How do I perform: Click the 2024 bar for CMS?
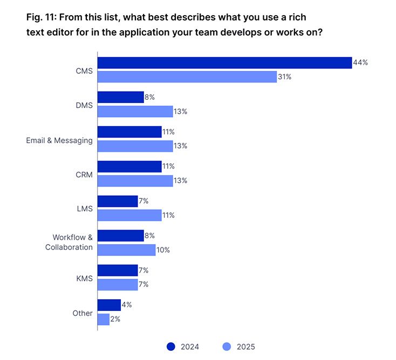point(224,63)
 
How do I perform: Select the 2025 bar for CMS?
point(187,77)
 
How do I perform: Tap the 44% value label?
point(360,63)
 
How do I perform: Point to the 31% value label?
point(284,77)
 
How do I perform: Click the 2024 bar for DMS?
point(120,97)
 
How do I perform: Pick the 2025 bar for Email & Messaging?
point(135,146)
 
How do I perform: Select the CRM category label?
point(84,175)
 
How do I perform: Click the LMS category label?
point(85,209)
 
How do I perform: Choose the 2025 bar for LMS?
point(129,215)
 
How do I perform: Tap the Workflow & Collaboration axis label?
point(69,242)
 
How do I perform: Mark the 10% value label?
point(163,250)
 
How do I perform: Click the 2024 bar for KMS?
point(118,270)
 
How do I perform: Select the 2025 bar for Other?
point(103,319)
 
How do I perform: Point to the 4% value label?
point(127,304)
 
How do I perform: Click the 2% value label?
point(115,319)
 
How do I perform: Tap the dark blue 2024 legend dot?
point(172,347)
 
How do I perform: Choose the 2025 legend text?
point(245,347)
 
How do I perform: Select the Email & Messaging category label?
point(59,140)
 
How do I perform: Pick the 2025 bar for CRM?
point(135,181)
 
